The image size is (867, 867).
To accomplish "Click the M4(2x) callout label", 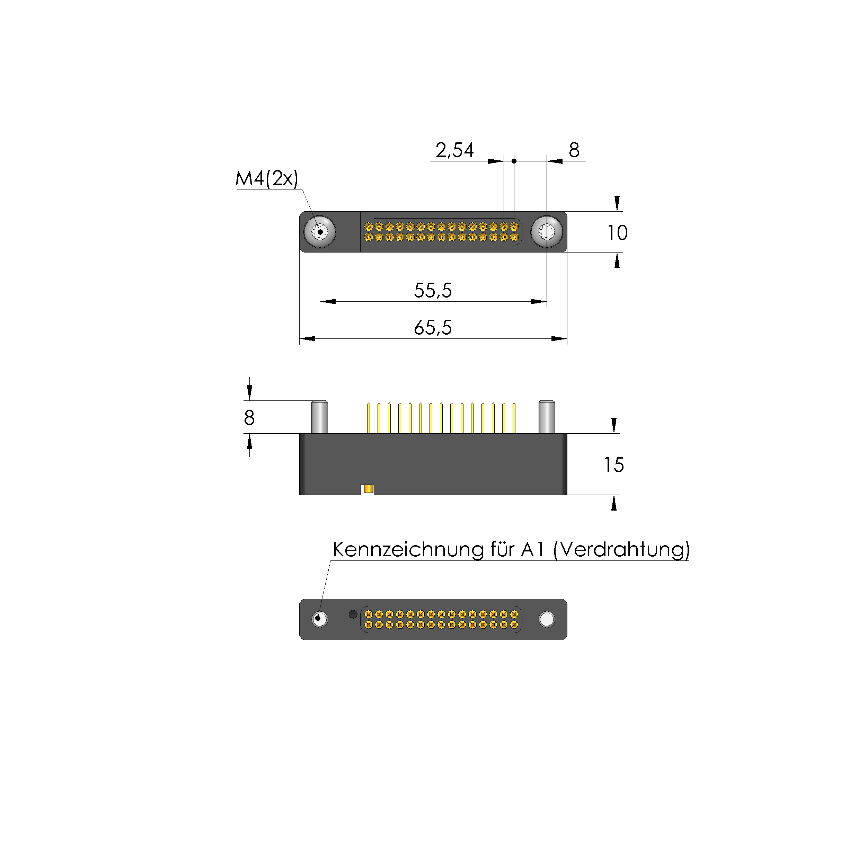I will point(267,179).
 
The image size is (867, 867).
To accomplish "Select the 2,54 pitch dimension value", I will point(454,150).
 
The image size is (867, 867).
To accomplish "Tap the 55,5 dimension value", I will point(433,290).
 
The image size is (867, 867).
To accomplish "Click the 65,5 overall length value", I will point(433,328).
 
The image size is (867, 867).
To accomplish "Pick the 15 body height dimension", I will point(613,465).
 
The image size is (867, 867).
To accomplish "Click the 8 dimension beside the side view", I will point(249,418).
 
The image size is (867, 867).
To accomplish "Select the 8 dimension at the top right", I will point(574,150).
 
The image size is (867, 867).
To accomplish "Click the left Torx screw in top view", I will point(319,232).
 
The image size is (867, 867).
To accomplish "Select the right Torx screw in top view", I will point(547,232).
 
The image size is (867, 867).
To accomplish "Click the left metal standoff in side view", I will point(319,417).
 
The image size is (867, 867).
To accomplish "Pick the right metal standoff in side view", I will point(547,417).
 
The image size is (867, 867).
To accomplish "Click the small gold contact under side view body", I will point(369,489).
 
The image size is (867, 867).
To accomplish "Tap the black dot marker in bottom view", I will point(353,614).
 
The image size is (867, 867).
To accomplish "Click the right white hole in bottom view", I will point(547,619).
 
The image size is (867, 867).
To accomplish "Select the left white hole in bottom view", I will point(319,619).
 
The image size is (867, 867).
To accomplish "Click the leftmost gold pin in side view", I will point(369,418).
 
